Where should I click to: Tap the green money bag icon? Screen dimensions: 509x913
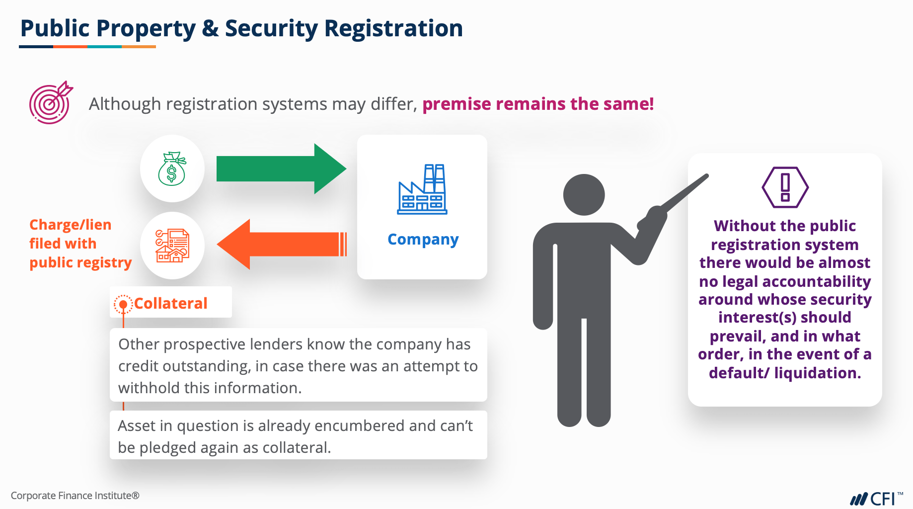pos(172,169)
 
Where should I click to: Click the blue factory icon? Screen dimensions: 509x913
pos(422,190)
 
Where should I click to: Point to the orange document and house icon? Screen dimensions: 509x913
pos(172,246)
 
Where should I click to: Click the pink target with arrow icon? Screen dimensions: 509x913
pos(50,103)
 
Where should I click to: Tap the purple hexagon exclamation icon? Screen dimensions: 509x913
pos(785,187)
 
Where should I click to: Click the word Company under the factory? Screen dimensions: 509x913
pos(423,240)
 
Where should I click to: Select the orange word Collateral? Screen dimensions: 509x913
pos(170,303)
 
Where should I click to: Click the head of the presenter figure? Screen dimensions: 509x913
pos(584,194)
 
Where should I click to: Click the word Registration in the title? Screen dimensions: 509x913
pos(393,28)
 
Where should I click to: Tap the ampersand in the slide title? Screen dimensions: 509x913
pos(210,28)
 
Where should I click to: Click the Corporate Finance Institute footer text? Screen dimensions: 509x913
pos(75,496)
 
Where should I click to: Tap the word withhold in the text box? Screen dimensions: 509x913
pos(149,388)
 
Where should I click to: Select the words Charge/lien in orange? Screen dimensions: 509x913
pos(70,225)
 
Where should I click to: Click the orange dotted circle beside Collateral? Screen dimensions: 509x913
pos(123,304)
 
